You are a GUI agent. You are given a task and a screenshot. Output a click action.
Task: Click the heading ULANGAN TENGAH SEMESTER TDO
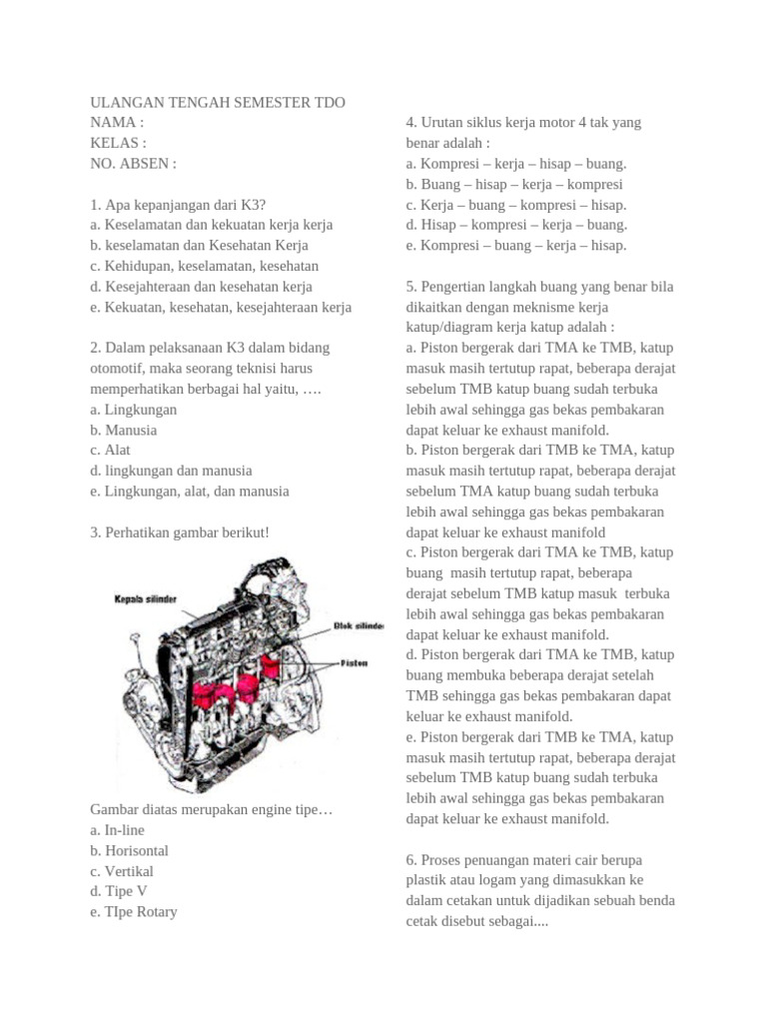218,103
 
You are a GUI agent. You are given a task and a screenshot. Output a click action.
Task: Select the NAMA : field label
117,123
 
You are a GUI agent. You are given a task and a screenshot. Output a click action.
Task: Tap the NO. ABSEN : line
133,164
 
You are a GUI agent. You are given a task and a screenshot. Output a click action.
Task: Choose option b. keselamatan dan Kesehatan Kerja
199,246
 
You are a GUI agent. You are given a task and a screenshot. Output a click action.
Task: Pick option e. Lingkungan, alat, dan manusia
189,492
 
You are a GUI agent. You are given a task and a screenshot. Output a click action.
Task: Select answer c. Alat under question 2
110,451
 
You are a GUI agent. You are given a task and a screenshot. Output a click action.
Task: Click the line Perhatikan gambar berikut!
180,532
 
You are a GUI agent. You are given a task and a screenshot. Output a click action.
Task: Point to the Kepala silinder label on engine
144,598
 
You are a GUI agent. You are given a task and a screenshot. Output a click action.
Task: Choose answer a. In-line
117,830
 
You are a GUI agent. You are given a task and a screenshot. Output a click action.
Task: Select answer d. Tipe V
118,891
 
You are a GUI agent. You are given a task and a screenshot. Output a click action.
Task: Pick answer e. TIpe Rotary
134,912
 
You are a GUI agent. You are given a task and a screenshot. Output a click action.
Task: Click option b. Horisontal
129,851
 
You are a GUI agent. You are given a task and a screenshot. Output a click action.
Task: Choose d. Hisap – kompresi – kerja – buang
516,225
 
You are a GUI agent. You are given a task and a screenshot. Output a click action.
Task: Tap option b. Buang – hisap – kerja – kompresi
514,184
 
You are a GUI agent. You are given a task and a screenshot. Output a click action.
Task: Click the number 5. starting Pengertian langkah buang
411,287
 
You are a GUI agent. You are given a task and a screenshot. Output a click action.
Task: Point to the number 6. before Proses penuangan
411,860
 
